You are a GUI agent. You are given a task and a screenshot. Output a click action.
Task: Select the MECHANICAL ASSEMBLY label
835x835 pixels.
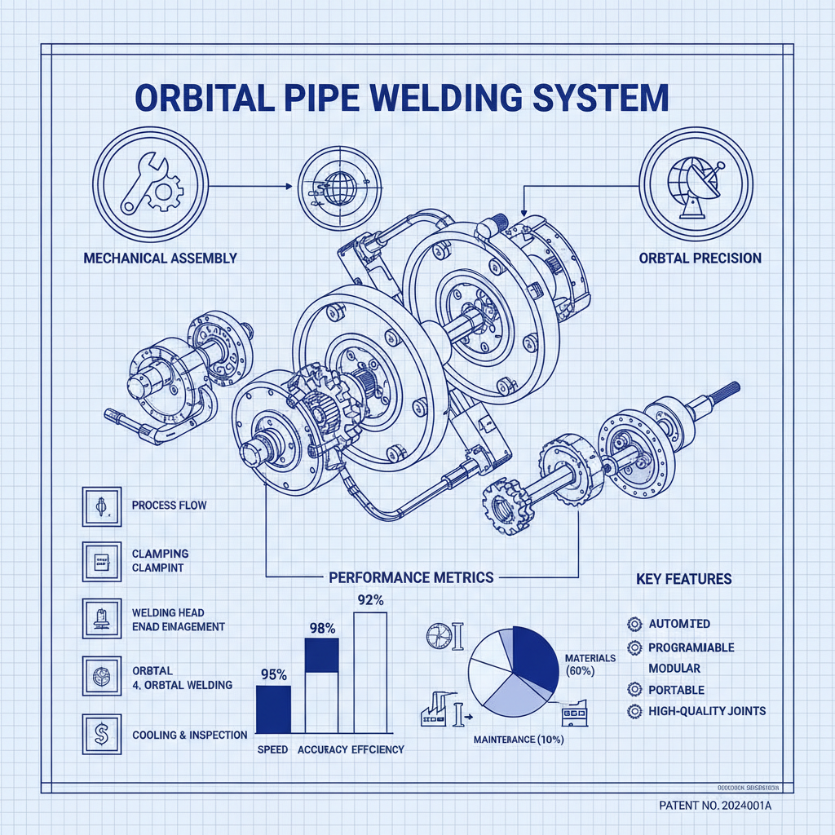pos(160,258)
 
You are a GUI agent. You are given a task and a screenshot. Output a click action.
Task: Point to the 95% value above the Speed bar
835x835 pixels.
pos(273,674)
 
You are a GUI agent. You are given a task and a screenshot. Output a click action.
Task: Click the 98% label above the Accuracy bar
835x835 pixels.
pos(321,628)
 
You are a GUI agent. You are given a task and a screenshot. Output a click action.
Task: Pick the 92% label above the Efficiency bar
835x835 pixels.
pos(370,600)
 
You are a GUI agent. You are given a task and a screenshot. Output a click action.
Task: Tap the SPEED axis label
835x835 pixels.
pos(272,749)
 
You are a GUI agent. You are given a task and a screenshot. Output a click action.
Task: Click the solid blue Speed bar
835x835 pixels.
pos(273,709)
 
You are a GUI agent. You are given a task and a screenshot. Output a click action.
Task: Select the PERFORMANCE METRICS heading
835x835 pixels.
pos(411,577)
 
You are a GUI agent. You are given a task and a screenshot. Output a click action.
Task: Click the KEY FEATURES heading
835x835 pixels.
pos(683,579)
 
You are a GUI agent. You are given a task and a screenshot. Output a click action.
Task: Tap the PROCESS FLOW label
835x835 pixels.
pos(169,505)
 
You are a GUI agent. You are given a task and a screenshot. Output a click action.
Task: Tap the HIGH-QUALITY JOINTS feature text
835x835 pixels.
pos(707,711)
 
